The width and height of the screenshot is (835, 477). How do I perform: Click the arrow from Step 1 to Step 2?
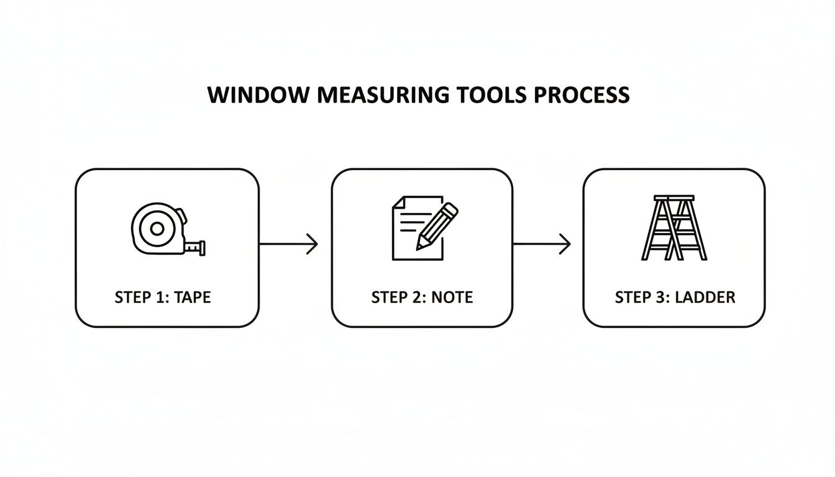click(x=288, y=244)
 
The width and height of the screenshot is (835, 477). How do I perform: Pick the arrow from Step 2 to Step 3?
click(x=541, y=244)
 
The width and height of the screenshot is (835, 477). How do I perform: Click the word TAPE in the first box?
click(x=193, y=298)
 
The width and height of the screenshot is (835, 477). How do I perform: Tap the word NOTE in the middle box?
click(x=452, y=298)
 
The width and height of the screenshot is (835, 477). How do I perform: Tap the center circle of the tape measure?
click(x=157, y=229)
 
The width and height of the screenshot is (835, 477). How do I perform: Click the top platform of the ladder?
click(x=673, y=198)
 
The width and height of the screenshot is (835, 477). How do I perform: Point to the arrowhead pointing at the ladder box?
click(x=567, y=244)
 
